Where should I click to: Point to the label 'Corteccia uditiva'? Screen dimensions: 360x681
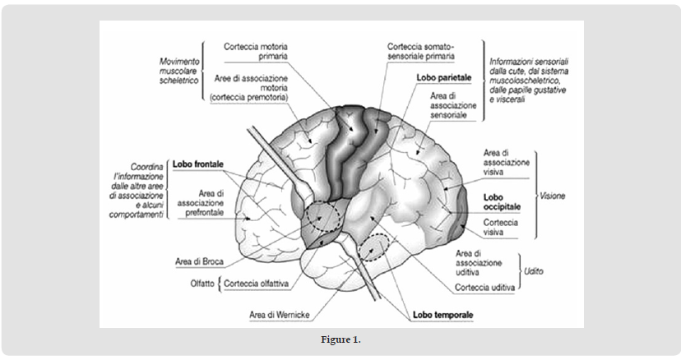click(484, 288)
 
